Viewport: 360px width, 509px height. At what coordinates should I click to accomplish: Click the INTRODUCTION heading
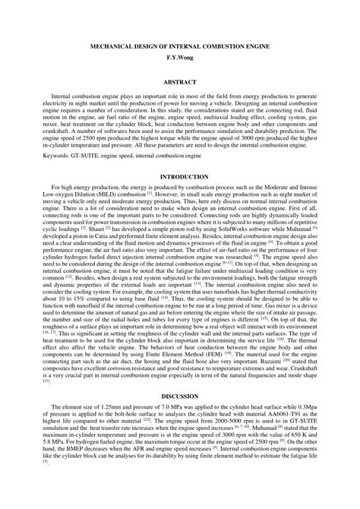[179, 176]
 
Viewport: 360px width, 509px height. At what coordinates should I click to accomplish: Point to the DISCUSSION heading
[179, 417]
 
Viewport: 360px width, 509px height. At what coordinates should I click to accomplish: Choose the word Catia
[96, 235]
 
